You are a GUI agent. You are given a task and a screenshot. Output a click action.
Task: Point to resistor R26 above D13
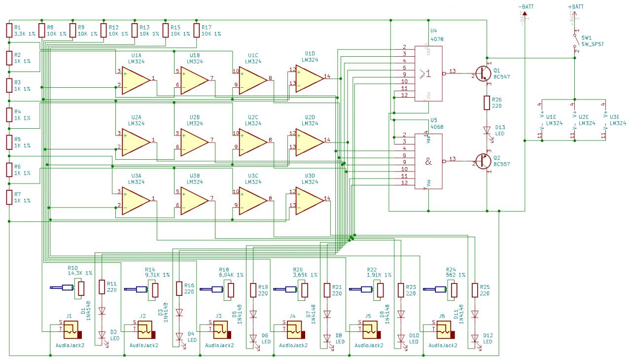click(x=487, y=103)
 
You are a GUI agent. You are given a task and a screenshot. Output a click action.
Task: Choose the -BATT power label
click(x=526, y=6)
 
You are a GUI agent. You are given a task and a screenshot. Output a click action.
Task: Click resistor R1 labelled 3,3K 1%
click(x=9, y=31)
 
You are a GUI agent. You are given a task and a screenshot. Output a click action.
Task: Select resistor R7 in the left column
click(x=9, y=197)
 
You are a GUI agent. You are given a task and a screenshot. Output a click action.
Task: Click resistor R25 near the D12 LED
click(x=475, y=289)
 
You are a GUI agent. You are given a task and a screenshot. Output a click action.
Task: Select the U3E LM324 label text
click(x=617, y=120)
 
